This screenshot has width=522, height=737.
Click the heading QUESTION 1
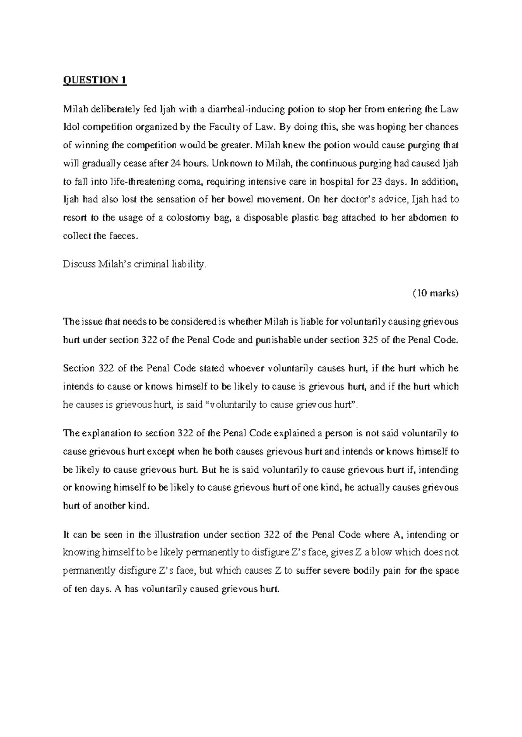pyautogui.click(x=95, y=81)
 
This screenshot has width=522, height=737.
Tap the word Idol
pyautogui.click(x=70, y=127)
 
